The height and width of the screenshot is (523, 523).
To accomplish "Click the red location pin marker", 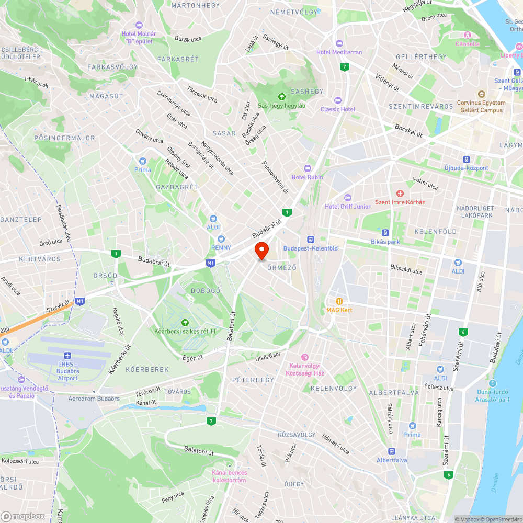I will pos(261,250).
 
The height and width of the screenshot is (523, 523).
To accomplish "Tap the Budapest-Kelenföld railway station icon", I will pos(310,238).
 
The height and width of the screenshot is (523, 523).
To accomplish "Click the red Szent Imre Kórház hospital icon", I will pos(400,194).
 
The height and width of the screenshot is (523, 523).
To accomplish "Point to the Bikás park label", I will pos(385,242).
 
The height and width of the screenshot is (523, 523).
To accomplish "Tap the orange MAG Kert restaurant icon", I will pos(339,301).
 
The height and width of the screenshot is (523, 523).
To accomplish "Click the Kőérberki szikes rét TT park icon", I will pos(185,322).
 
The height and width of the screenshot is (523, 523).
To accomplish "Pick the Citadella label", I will pos(467,44).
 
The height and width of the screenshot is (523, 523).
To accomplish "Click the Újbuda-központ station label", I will pos(466,168).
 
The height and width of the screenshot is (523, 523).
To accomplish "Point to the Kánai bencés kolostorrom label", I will pos(229,476).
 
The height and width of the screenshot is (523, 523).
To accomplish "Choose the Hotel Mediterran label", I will pos(339,52).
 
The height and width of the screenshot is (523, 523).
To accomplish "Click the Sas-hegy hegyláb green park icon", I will pos(281,96).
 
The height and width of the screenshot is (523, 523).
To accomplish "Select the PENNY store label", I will pos(221,247).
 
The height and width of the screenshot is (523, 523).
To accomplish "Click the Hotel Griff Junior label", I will pos(347,206).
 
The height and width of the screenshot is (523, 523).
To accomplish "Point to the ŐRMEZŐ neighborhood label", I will pos(282,268).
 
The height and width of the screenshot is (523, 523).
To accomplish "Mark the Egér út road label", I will pos(192,357).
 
